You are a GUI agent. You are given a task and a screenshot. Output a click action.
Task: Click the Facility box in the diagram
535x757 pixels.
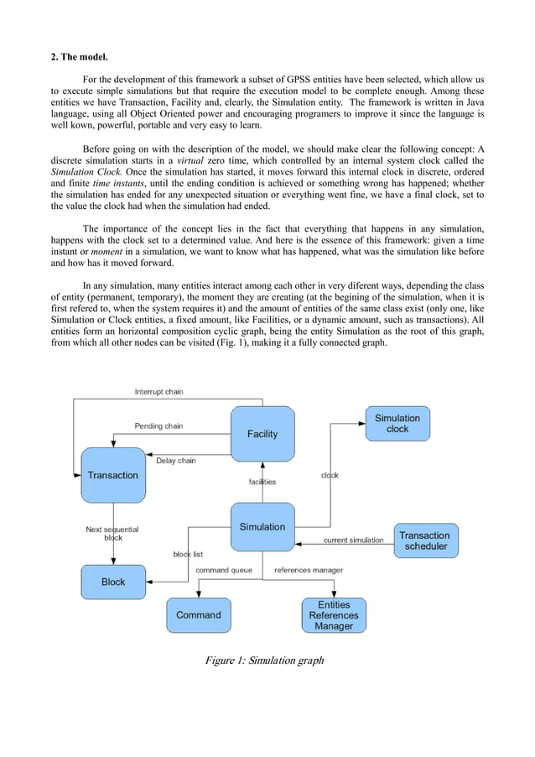point(262,434)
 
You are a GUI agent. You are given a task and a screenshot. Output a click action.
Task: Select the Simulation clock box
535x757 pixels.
point(397,424)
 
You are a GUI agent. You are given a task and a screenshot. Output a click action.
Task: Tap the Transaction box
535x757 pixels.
point(113,475)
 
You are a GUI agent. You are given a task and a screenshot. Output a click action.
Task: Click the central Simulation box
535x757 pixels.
point(262,527)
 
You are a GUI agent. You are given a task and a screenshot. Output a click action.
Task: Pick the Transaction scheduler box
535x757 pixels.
point(424,540)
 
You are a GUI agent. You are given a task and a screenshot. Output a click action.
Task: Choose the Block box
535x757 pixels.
point(113,582)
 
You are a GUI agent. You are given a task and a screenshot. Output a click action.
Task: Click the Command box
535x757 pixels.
point(199,615)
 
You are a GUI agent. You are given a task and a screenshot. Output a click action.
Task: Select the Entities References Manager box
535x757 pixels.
point(334,615)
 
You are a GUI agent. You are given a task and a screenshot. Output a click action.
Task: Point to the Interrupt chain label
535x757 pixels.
point(159,392)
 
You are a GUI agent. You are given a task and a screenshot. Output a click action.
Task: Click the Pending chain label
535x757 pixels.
point(158,426)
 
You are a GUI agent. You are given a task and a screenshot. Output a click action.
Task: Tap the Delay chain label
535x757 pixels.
point(176,460)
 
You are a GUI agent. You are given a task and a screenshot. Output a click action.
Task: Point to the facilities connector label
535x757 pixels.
point(262,482)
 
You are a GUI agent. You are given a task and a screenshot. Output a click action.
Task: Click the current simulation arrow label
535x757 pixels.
point(353,540)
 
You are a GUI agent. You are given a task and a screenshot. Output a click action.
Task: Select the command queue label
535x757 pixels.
point(224,570)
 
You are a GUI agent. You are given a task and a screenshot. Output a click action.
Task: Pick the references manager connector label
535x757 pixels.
point(309,570)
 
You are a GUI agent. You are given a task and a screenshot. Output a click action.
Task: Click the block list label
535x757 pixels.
point(188,554)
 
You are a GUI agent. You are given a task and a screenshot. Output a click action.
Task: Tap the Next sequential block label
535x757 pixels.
point(112,534)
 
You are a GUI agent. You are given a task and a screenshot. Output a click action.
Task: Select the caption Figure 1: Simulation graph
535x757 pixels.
point(264,660)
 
